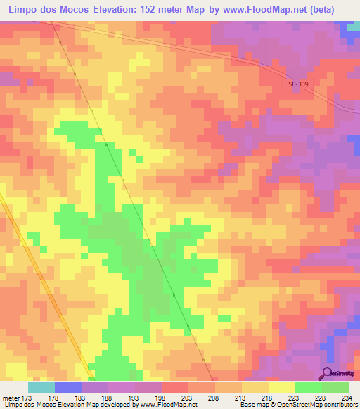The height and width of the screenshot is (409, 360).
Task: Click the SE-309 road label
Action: (x=297, y=84)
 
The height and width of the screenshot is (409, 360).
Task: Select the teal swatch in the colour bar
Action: (x=41, y=387)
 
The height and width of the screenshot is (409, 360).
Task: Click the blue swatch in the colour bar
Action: (x=68, y=387)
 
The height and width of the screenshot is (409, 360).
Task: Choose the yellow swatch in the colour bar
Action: (x=281, y=387)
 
